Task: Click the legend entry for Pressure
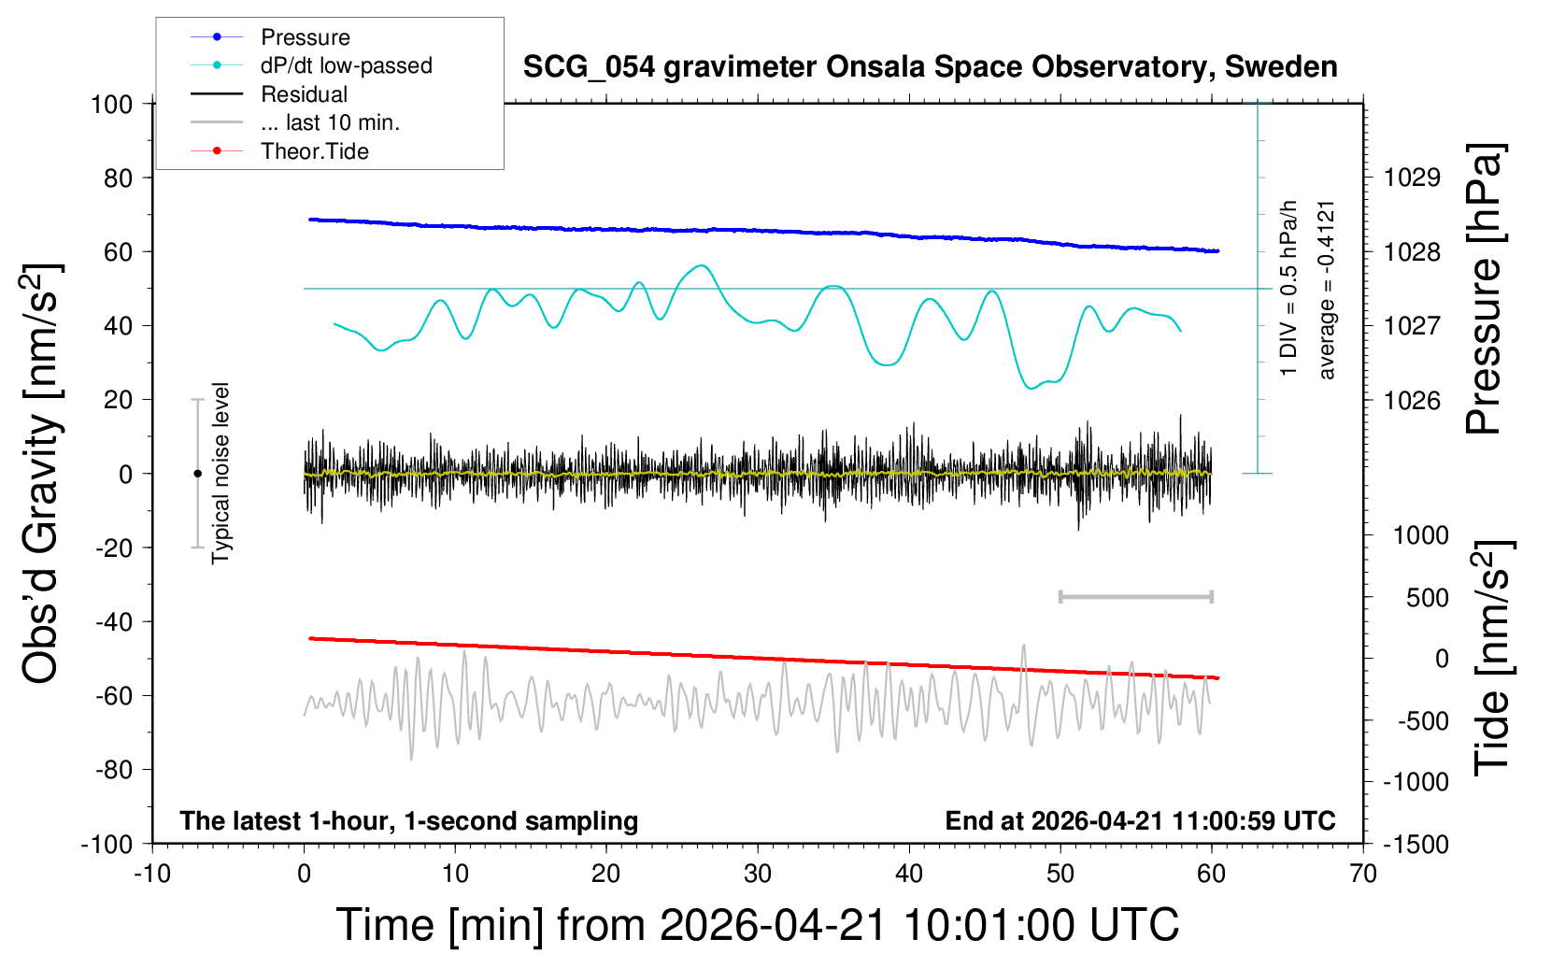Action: coord(305,37)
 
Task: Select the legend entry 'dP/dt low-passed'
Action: coord(346,65)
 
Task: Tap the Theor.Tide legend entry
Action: coord(314,151)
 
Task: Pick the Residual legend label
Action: coord(304,94)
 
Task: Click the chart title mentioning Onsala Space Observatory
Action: coord(930,67)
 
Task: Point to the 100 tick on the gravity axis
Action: coord(111,104)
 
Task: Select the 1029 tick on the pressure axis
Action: coord(1412,178)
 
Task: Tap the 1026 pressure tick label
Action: coord(1412,400)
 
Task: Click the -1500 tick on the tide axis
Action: coord(1416,845)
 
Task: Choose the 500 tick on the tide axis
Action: coord(1428,598)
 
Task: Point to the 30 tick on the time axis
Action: coord(758,875)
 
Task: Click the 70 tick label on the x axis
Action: coord(1363,875)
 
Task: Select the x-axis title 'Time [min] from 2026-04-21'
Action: coord(757,925)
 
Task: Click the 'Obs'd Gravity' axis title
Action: coord(41,473)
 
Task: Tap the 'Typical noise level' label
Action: coord(221,473)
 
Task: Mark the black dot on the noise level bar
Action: coord(197,474)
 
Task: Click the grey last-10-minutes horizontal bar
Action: coord(1135,596)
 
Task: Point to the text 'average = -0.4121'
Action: coord(1327,290)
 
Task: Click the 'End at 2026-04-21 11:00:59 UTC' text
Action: coord(1140,821)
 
